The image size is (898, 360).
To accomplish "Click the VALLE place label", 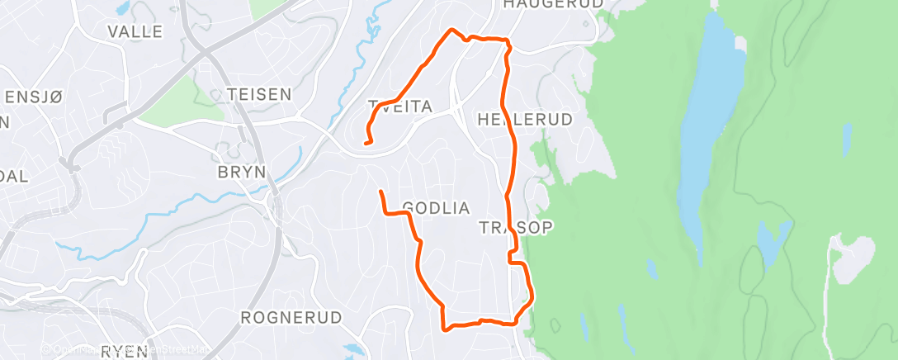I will tap(135, 32).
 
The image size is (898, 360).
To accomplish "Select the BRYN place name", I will tap(241, 172).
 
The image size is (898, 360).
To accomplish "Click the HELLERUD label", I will tap(525, 120).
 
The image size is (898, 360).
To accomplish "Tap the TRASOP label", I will tap(516, 226).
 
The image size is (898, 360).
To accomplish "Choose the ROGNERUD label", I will tap(280, 317).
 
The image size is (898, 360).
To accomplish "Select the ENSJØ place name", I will tap(33, 97).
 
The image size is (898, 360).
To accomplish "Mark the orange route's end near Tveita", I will tap(366, 143).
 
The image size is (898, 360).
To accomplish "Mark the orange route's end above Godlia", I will tap(380, 192).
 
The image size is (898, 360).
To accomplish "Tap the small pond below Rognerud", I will tap(354, 349).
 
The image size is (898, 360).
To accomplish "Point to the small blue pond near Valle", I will tap(123, 9).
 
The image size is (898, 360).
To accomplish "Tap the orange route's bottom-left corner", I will tap(445, 329).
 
